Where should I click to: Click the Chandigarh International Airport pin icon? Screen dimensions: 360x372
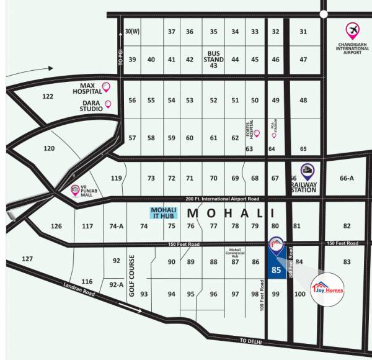[353, 30]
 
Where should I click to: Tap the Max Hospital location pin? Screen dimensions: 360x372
[106, 88]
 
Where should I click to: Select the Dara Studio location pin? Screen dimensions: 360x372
[108, 104]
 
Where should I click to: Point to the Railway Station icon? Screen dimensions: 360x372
[307, 171]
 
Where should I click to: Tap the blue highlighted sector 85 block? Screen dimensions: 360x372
[276, 267]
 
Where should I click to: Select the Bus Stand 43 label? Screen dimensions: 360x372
[214, 59]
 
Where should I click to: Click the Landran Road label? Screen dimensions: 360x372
[77, 289]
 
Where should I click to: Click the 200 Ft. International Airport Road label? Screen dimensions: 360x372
[221, 199]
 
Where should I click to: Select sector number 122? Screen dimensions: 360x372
[48, 97]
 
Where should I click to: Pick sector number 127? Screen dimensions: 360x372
[27, 258]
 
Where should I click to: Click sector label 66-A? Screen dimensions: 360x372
[347, 178]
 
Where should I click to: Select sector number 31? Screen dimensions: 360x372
[303, 32]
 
